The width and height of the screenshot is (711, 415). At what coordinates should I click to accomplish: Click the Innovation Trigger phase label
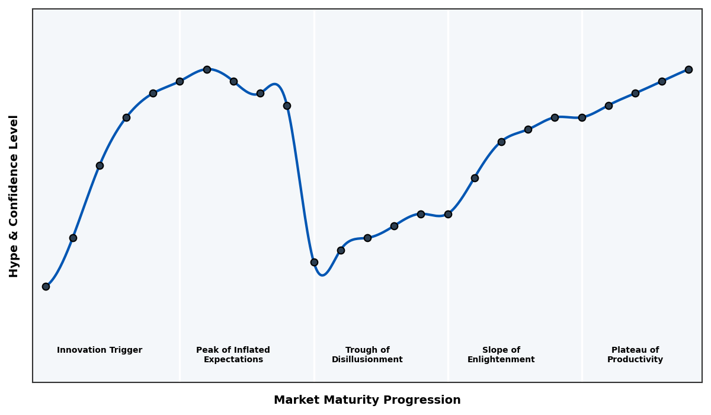tap(100, 350)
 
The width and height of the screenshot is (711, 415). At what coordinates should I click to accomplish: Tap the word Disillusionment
tap(367, 360)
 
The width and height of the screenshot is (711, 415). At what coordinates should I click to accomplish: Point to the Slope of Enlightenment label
tap(501, 355)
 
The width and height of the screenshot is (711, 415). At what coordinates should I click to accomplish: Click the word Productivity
tap(635, 360)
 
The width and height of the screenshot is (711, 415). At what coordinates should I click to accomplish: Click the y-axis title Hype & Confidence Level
tap(14, 196)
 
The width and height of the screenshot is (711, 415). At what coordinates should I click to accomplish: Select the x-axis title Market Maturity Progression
tap(367, 400)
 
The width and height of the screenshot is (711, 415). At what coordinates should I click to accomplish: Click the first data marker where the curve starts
tap(46, 286)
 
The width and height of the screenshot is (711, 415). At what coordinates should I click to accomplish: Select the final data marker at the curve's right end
tap(688, 69)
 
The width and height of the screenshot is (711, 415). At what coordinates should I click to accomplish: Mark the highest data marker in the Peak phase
tap(207, 69)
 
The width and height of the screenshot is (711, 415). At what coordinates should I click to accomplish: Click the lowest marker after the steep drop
tap(314, 262)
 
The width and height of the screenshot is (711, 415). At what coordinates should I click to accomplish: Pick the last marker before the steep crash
tap(287, 106)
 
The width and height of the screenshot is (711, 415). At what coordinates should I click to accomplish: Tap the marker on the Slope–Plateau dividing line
tap(582, 117)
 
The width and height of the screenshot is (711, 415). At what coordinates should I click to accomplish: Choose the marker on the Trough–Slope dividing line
tap(448, 214)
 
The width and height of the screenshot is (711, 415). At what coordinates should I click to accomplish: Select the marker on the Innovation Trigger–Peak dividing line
tap(180, 81)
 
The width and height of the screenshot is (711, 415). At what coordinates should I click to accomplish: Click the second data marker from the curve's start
tap(73, 238)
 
